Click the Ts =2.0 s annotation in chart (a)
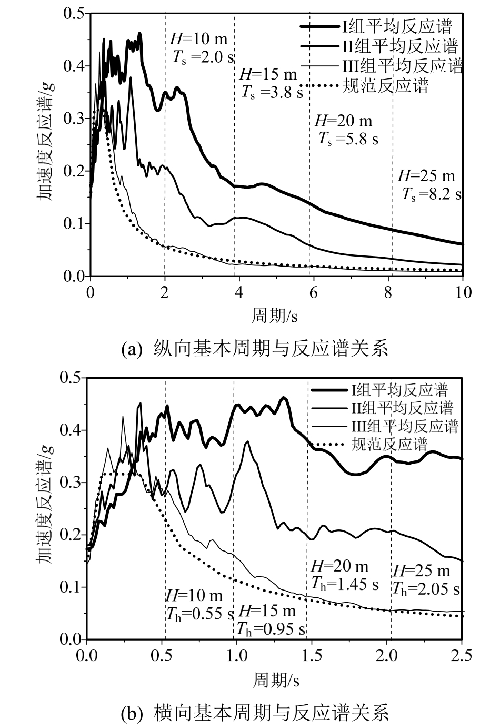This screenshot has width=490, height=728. pyautogui.click(x=203, y=57)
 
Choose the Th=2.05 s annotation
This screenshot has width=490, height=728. pyautogui.click(x=425, y=588)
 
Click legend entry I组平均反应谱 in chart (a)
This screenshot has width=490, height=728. pyautogui.click(x=398, y=25)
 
